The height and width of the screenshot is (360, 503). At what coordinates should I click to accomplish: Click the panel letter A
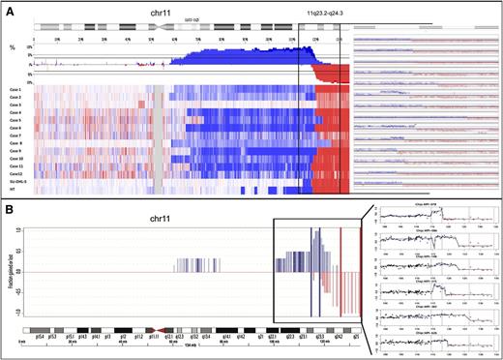(x=10, y=8)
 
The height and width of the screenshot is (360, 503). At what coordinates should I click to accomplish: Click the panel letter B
(x=10, y=207)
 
